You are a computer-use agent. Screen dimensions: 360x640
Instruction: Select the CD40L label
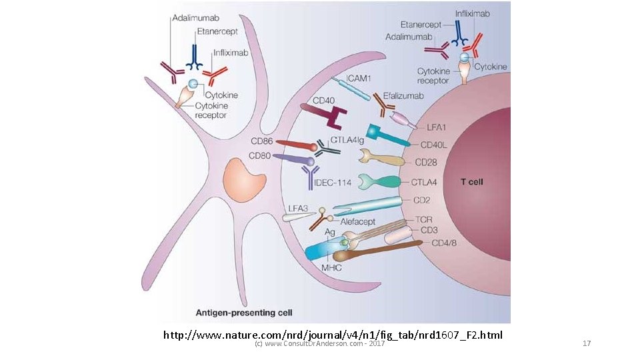point(434,145)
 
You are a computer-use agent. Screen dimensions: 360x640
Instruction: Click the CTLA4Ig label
point(347,141)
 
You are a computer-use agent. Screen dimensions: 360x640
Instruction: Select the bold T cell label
point(472,181)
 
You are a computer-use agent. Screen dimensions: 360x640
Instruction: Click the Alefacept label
point(358,221)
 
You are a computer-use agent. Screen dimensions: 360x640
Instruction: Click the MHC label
point(332,268)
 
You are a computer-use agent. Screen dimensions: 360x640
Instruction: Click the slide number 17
point(587,344)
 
